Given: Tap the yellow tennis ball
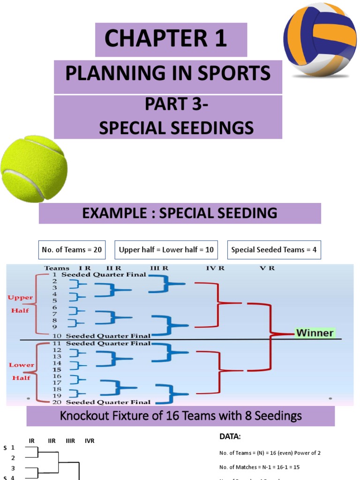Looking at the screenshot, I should click(x=34, y=168).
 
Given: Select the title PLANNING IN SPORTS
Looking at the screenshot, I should click(x=168, y=73).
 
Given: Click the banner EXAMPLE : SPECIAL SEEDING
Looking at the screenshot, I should click(x=180, y=213).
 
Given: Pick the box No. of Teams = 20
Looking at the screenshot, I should click(x=72, y=250).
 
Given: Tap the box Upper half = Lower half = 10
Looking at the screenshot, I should click(x=166, y=250).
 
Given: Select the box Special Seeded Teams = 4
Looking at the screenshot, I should click(x=274, y=250).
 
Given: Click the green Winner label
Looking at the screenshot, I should click(x=315, y=333).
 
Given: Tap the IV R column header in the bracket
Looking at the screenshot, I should click(x=215, y=268).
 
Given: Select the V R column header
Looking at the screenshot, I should click(x=266, y=268).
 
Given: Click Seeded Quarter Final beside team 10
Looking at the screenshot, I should click(x=108, y=336).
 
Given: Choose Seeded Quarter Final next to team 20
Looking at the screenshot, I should click(x=108, y=402).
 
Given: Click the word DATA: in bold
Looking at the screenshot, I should click(x=230, y=436).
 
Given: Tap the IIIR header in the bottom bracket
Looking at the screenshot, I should click(x=70, y=441).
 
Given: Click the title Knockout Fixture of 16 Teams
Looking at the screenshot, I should click(x=180, y=416).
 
